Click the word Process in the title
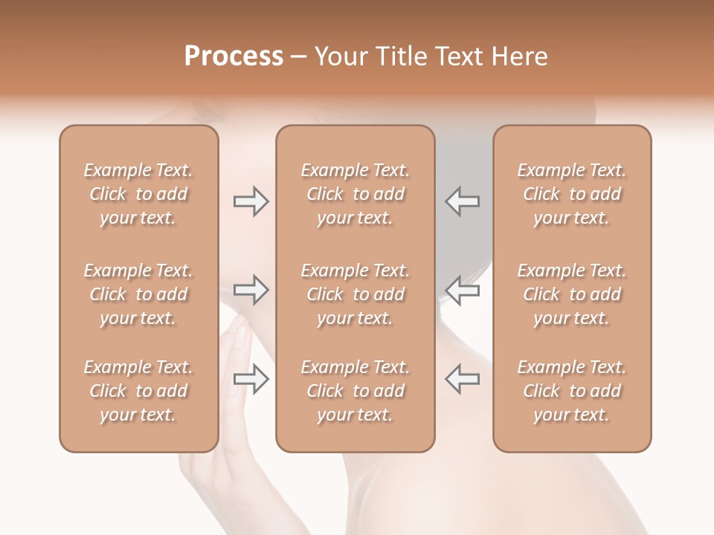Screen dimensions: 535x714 point(234,56)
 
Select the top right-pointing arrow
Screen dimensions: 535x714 point(251,201)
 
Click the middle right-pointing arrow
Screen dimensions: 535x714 point(251,290)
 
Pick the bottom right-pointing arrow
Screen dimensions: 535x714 point(251,379)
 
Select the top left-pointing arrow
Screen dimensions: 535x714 point(462,201)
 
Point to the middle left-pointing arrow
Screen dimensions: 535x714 point(462,290)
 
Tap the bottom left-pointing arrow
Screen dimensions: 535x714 point(462,379)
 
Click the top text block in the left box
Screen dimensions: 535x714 point(138,194)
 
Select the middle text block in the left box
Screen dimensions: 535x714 point(138,294)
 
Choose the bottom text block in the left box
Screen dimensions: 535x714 point(138,391)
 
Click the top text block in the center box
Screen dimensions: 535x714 point(356,194)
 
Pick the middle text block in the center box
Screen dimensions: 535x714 point(356,294)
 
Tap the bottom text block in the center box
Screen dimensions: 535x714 point(356,391)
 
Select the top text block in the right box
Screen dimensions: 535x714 point(572,194)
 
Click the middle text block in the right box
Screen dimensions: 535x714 point(572,294)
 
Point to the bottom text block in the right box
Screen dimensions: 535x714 point(572,391)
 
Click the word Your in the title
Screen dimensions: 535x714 point(339,56)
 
